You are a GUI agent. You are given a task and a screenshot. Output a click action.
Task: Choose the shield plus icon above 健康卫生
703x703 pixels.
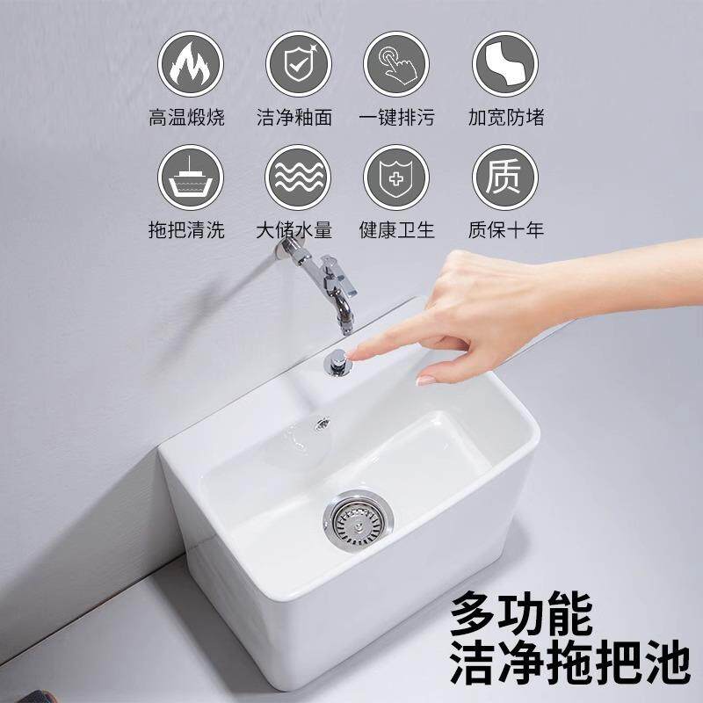pos(396,174)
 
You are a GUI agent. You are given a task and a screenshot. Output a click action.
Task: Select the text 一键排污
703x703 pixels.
pos(396,117)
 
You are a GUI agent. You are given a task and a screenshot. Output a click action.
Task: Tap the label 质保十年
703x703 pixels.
pos(505,230)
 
